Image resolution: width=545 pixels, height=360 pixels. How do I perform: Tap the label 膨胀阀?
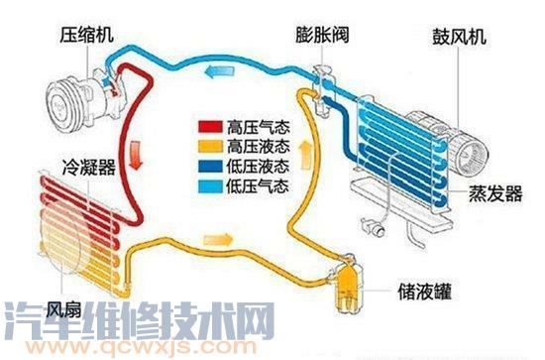pos(319,35)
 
